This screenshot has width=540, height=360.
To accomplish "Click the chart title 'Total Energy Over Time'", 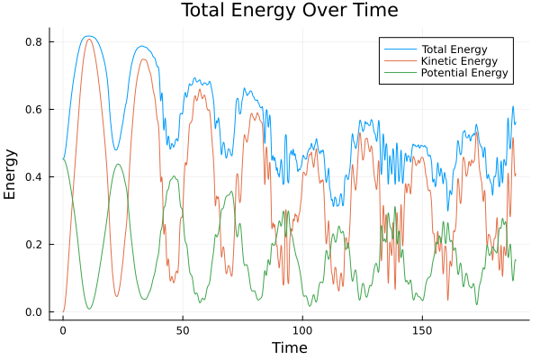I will click(x=289, y=11).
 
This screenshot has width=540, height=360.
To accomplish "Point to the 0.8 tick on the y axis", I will click(x=34, y=41).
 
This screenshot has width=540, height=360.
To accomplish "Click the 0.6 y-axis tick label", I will click(x=34, y=110).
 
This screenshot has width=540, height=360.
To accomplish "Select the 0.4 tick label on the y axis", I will click(x=34, y=177).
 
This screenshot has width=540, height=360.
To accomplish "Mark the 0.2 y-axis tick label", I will click(x=34, y=245).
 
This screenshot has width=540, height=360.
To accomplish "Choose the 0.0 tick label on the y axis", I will click(x=34, y=312).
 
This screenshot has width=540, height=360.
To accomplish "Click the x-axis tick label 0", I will click(x=63, y=329).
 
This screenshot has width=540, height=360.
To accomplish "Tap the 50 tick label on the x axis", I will click(x=183, y=329).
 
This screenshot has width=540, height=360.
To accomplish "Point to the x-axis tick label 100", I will click(x=302, y=329).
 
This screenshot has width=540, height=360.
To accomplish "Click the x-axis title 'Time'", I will click(x=289, y=347).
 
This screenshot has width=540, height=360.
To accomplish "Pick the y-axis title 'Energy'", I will click(x=11, y=175).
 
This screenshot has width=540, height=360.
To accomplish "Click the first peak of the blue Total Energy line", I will click(x=88, y=36).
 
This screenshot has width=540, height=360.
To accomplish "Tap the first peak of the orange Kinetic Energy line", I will click(x=88, y=39).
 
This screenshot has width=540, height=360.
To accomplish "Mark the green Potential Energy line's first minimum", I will click(x=89, y=309).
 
